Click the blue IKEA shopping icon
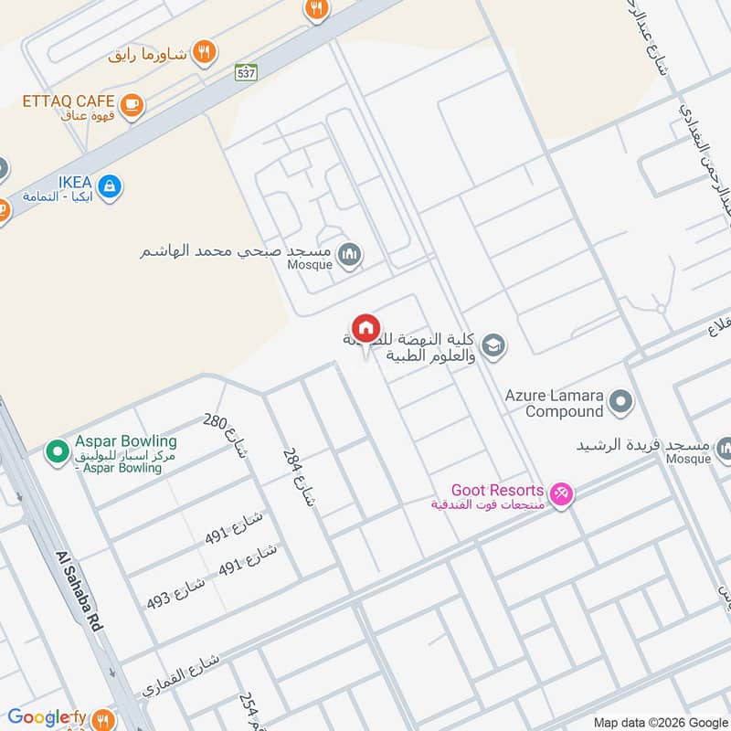(109, 187)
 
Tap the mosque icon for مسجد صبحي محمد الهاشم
(348, 256)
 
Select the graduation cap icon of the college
(493, 346)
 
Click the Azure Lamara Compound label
(554, 404)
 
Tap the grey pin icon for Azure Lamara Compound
(620, 401)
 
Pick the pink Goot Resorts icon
(561, 493)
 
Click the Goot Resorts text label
(497, 491)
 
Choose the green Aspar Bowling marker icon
(57, 451)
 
